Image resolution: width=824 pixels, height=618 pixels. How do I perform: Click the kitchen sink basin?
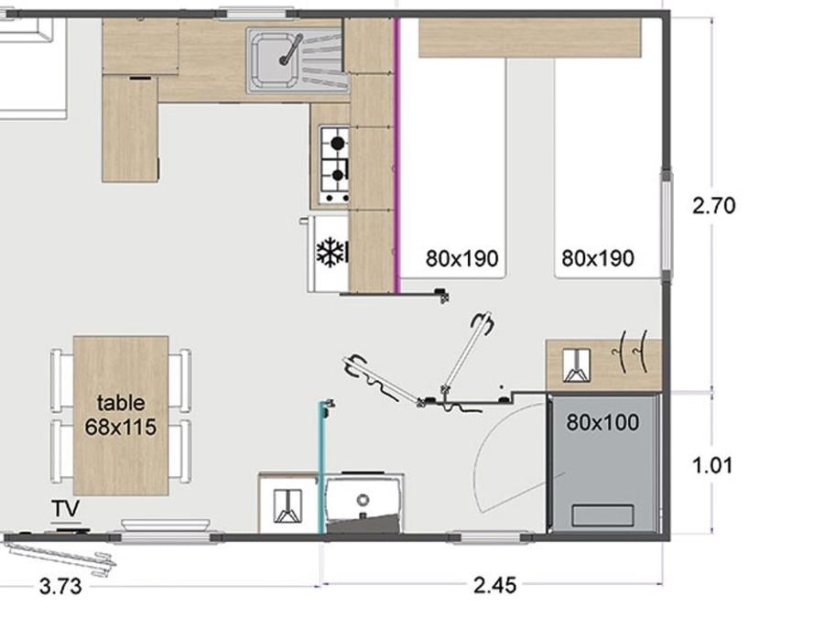pos(276,59)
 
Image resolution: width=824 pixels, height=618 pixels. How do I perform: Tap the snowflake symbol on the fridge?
pos(331,252)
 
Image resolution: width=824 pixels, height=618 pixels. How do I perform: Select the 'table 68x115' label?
pos(121,415)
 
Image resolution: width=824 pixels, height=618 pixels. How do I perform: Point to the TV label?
pos(66,509)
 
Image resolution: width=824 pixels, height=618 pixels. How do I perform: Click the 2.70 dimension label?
pos(713,205)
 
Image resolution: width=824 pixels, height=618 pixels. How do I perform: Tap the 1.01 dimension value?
pos(712,466)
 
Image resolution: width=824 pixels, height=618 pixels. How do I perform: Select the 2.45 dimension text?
pos(494,585)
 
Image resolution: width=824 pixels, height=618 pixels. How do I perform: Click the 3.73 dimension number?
pos(60,586)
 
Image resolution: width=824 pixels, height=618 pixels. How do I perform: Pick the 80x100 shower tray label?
pos(602,422)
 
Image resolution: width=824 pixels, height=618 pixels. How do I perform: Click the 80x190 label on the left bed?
pos(462,258)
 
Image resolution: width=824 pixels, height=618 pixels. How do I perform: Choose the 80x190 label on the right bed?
pos(598,258)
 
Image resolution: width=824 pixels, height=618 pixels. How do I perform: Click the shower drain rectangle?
pos(602,515)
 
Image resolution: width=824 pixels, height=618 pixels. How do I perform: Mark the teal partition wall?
pos(321,468)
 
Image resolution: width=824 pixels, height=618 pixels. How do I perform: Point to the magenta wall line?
pos(398,155)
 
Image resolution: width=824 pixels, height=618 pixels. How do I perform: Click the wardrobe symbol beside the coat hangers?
pos(577,365)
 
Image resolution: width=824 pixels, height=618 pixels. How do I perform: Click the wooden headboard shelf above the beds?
pos(530,38)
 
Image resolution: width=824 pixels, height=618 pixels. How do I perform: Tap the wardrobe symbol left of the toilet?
pos(288,506)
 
